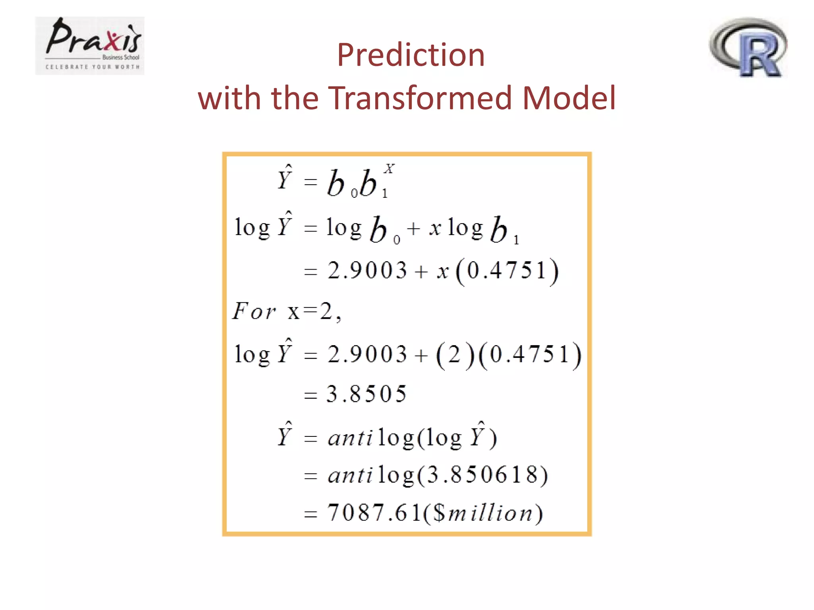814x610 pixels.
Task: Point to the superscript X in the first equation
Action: pyautogui.click(x=389, y=169)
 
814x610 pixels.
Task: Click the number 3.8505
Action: pyautogui.click(x=366, y=394)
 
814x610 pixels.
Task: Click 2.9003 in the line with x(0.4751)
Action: pyautogui.click(x=367, y=271)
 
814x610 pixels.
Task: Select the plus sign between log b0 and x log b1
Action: pyautogui.click(x=414, y=229)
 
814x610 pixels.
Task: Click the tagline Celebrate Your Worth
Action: pyautogui.click(x=93, y=67)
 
